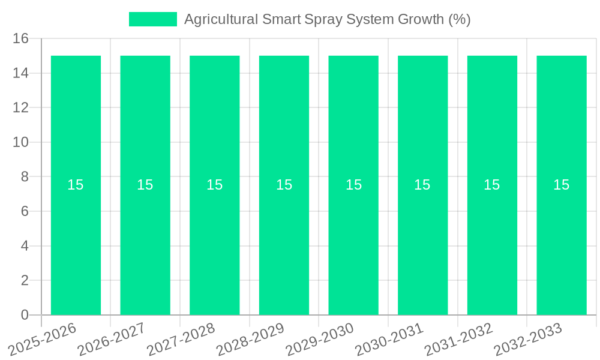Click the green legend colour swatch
[153, 19]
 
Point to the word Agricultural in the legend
[221, 19]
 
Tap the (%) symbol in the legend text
[460, 19]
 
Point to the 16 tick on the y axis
[21, 39]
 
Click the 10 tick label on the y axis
[21, 143]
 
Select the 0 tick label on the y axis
[25, 315]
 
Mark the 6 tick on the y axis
[25, 212]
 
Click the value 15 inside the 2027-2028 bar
[215, 185]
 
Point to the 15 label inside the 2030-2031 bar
[422, 185]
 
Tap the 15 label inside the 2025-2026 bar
[76, 185]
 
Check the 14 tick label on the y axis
[21, 73]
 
